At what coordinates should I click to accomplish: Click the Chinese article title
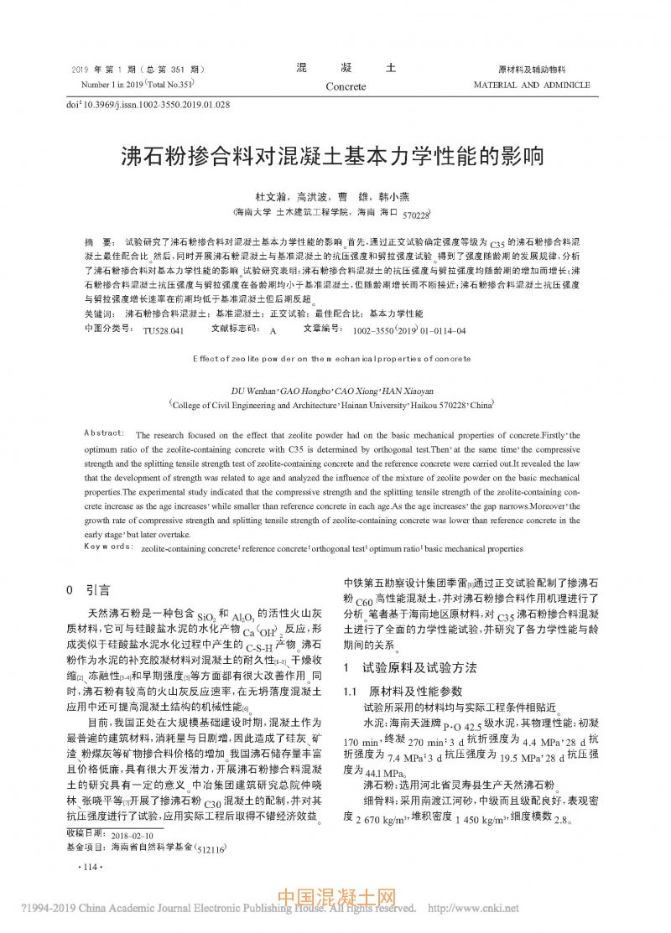click(334, 157)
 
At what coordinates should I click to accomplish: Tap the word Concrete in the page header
click(346, 86)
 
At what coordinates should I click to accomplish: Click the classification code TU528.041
click(163, 331)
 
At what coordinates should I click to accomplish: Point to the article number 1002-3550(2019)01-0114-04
click(409, 331)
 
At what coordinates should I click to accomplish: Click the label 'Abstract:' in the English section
click(105, 433)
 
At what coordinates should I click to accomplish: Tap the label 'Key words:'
click(108, 547)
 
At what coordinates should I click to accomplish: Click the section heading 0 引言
click(87, 590)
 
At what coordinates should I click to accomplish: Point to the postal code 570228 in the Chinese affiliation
click(416, 215)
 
